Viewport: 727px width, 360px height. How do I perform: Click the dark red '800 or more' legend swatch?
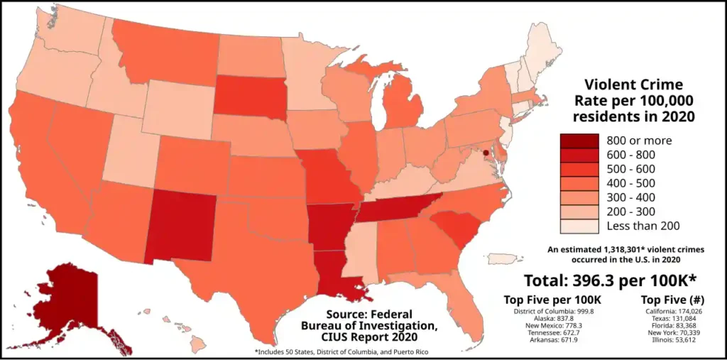click(x=579, y=140)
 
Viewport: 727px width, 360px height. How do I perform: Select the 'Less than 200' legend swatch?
click(x=579, y=226)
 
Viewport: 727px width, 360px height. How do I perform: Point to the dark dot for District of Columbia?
click(x=486, y=153)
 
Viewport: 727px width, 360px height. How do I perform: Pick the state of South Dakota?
click(x=249, y=96)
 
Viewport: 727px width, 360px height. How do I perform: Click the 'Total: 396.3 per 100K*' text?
click(x=610, y=279)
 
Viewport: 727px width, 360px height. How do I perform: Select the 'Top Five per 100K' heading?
click(x=552, y=299)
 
